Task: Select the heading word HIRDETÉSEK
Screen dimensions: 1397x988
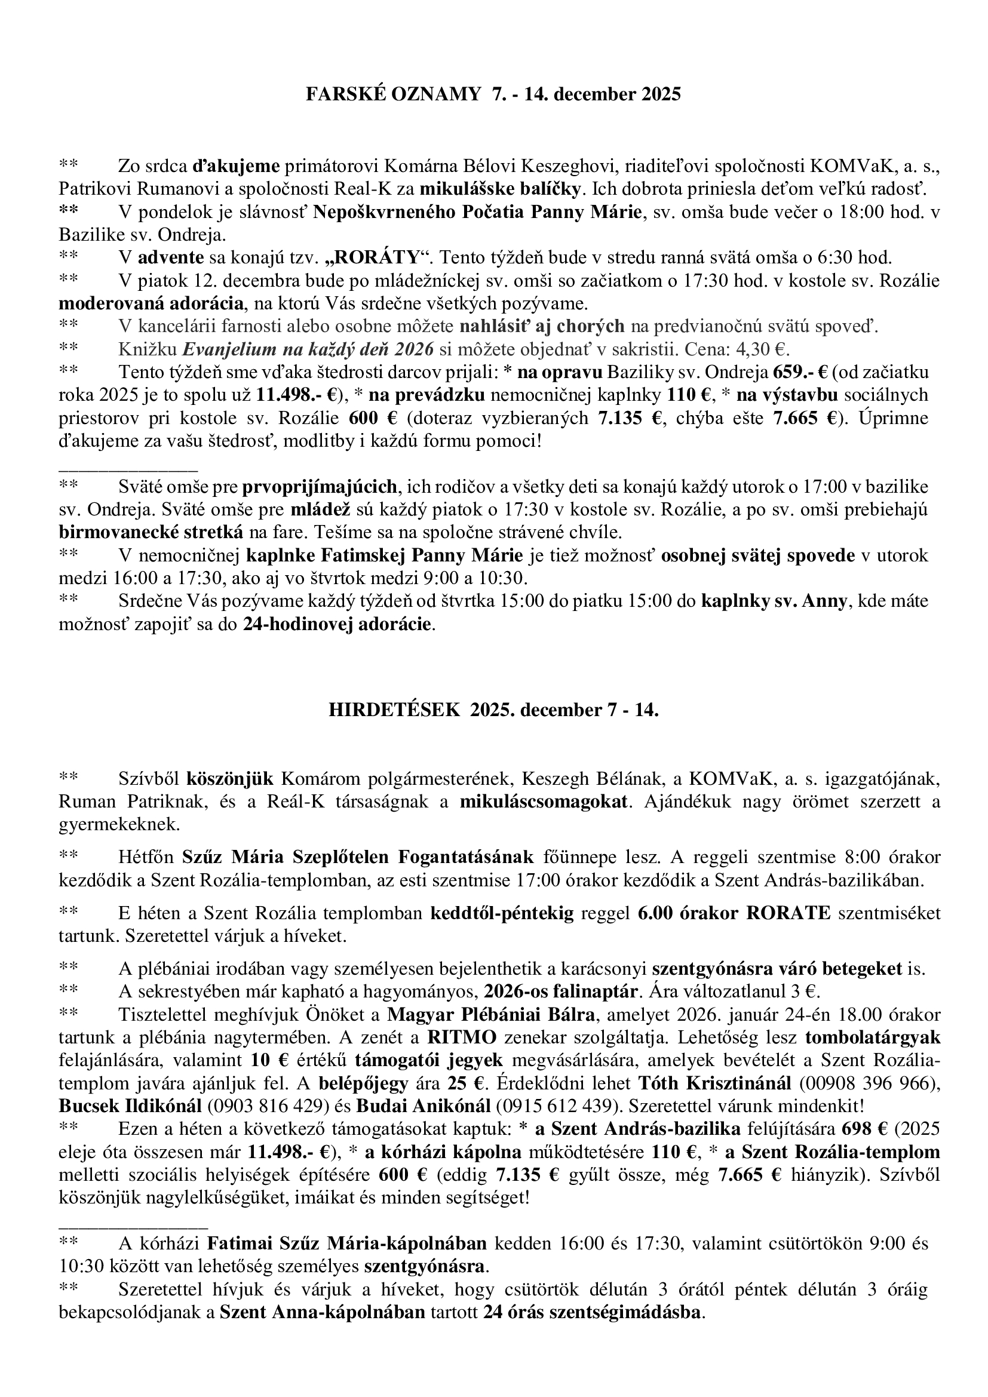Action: [x=394, y=710]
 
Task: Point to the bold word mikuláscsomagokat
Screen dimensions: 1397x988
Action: [x=543, y=802]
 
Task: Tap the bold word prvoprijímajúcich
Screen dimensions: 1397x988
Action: [x=320, y=487]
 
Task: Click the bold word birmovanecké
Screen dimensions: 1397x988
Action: [x=113, y=533]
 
